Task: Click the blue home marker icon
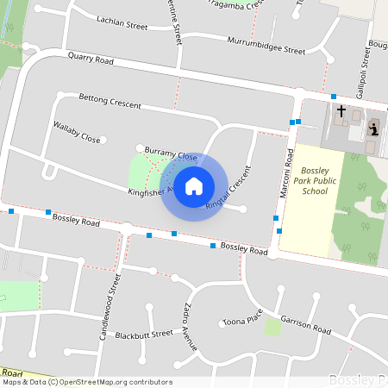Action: pos(194,185)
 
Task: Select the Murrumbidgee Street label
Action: pos(266,46)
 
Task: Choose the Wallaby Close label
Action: pos(77,132)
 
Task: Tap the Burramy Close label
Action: pos(171,153)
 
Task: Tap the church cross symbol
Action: pos(341,112)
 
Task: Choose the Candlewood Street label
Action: pos(110,307)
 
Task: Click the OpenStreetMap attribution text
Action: pos(86,382)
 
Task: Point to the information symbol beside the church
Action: pos(373,129)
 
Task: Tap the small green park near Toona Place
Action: pos(273,327)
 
